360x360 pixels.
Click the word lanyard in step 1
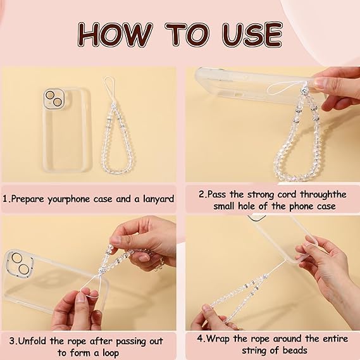point(159,199)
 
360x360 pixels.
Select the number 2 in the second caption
point(201,194)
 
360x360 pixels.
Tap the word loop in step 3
point(109,353)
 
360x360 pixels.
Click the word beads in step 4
point(295,351)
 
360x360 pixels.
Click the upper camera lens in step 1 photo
point(50,96)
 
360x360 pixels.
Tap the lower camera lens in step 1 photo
point(57,102)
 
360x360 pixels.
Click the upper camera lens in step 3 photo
point(16,258)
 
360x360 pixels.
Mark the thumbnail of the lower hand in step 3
point(81,298)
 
